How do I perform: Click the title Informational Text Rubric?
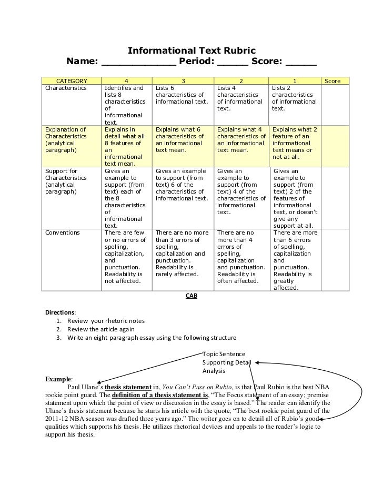[192, 51]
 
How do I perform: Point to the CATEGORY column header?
[72, 81]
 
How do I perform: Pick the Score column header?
[333, 81]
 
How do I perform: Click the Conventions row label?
[63, 232]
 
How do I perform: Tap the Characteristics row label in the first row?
[65, 88]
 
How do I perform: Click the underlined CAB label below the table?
[191, 296]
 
